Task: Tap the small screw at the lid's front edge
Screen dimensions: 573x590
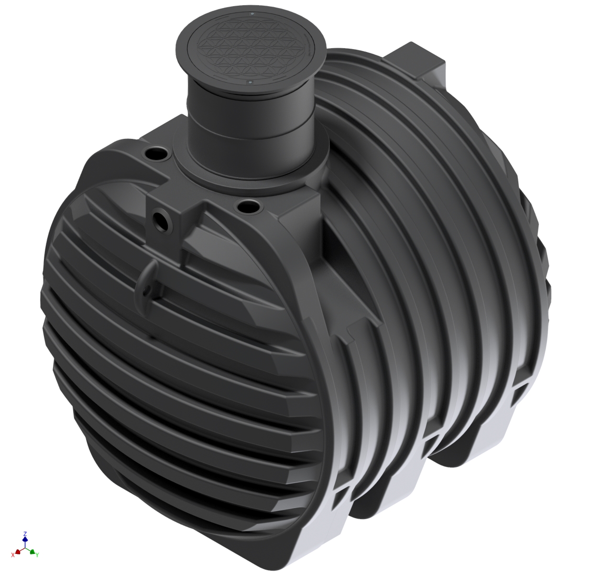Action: [250, 83]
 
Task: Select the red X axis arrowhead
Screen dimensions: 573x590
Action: [18, 551]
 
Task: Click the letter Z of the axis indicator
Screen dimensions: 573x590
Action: [25, 532]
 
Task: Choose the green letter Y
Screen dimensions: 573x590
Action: [37, 554]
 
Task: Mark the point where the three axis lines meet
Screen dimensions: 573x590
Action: [25, 548]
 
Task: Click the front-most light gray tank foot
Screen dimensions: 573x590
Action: [320, 530]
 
